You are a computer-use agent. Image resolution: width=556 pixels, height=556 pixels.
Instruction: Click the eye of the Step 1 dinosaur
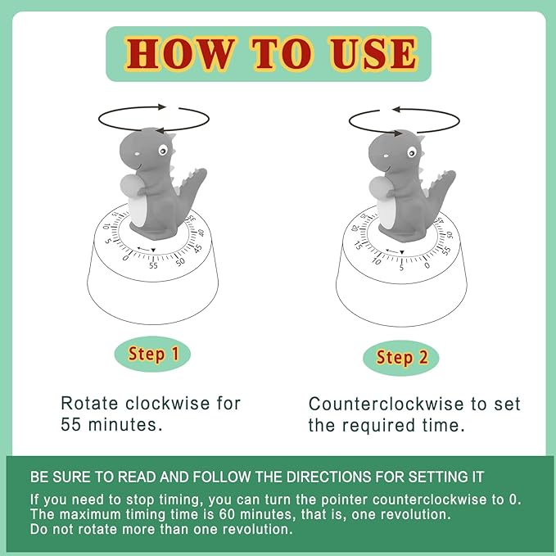click(x=161, y=151)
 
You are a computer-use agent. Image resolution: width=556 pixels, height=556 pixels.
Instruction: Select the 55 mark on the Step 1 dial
click(x=153, y=265)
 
